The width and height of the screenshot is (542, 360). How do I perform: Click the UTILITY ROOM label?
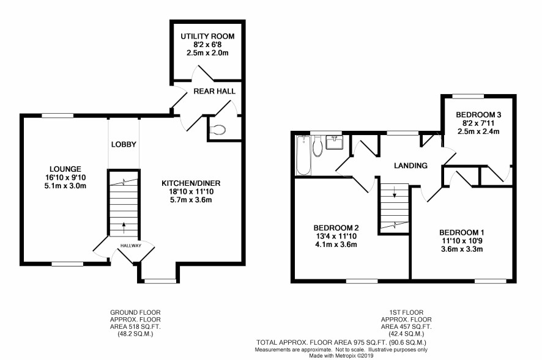coord(207,36)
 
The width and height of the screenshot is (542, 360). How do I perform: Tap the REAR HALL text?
coord(214,91)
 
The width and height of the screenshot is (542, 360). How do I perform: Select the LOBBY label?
coord(124,144)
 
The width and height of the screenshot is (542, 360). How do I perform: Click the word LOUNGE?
coord(65,169)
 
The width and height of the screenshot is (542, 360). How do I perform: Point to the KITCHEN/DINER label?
coord(191,183)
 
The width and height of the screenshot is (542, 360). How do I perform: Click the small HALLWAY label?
coord(131,246)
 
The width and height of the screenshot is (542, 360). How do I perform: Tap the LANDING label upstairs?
coord(410,166)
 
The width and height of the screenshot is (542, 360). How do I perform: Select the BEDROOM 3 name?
coord(478,115)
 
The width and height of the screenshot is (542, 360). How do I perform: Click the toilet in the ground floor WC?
coord(218,130)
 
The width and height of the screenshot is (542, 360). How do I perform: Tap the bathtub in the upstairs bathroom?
coord(304,155)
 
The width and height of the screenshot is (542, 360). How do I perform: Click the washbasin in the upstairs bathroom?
coord(334,142)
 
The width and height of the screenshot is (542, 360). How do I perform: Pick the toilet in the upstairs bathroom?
coord(317,146)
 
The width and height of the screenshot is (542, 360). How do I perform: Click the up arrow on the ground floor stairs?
coord(124,228)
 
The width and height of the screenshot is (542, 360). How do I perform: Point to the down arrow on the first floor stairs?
coord(395,192)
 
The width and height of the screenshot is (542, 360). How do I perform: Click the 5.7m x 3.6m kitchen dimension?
coord(191,200)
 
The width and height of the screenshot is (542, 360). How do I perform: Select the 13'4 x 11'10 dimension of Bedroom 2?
coord(336,237)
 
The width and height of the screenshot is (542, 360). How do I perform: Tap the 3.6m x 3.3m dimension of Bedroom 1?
coord(462,249)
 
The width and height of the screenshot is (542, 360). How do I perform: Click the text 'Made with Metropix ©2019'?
coord(341,356)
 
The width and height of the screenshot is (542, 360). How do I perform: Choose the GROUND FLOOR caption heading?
coord(135,312)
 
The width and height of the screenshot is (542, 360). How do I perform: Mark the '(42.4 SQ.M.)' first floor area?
coord(406,334)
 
